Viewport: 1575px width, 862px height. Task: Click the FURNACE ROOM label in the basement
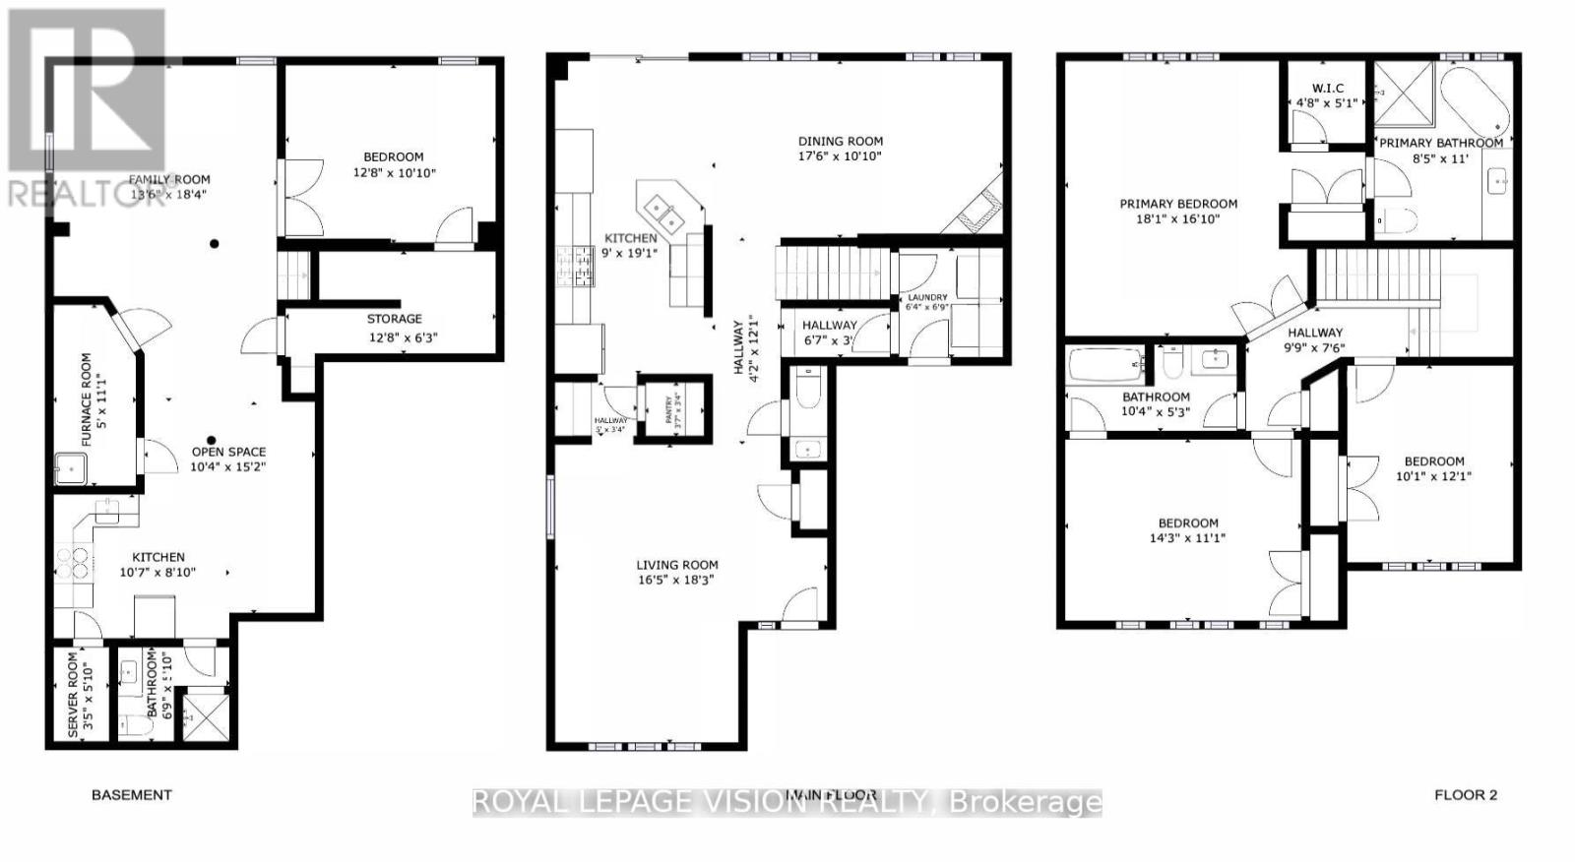click(87, 400)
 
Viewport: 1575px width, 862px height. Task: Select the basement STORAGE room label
click(394, 319)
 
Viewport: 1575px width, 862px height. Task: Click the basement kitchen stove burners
click(72, 564)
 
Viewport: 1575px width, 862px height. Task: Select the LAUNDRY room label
click(927, 297)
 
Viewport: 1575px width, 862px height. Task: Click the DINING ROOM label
click(840, 141)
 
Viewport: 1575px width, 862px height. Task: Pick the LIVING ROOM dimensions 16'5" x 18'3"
click(676, 581)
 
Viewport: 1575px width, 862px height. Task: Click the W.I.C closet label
click(1327, 89)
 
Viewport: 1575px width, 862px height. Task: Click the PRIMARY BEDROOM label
click(1177, 205)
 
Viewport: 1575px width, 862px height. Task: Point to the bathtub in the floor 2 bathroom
click(1105, 363)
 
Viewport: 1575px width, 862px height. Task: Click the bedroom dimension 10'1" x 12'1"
click(1433, 476)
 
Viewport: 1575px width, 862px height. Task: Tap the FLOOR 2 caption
click(1465, 795)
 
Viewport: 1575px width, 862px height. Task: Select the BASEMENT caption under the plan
click(131, 795)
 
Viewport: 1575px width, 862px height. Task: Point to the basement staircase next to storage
click(294, 276)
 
